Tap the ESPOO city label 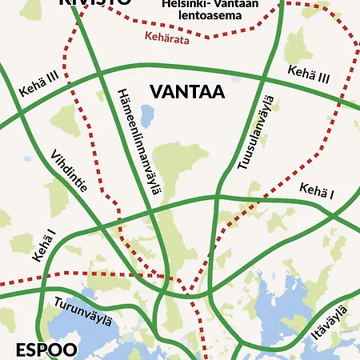tap(46, 350)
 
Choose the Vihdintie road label tap(69, 174)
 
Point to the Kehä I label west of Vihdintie tap(44, 246)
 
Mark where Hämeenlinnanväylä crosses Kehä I tap(152, 212)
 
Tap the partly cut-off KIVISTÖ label tap(94, 3)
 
